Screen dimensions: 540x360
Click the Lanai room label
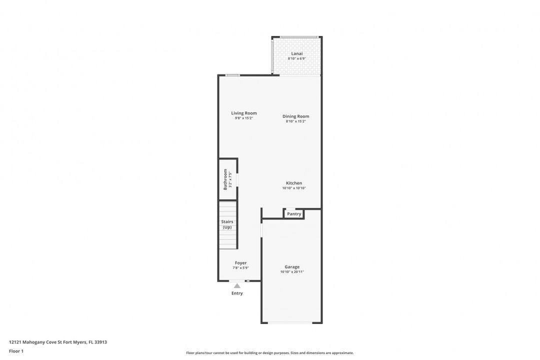click(297, 53)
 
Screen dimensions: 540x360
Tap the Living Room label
click(244, 113)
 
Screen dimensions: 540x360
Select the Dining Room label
click(296, 116)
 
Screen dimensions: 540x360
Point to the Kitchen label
click(294, 183)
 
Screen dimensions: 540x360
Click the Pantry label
click(294, 214)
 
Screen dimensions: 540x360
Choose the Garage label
click(292, 266)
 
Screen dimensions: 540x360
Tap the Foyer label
click(240, 263)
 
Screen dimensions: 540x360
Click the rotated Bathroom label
click(225, 179)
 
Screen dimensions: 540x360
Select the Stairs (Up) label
click(227, 224)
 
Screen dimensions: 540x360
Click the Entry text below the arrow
click(237, 293)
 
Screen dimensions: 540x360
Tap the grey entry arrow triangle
click(237, 285)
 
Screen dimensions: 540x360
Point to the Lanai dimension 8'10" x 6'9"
click(297, 58)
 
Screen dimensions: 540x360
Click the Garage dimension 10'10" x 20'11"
click(292, 272)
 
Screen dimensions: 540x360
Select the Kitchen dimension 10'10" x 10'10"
click(294, 188)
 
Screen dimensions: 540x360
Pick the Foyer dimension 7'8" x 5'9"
click(240, 267)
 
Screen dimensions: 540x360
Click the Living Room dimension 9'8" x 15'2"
click(244, 118)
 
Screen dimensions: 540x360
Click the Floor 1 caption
click(16, 351)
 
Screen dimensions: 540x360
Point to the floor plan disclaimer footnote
click(270, 353)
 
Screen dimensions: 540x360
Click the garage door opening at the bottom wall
click(290, 323)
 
